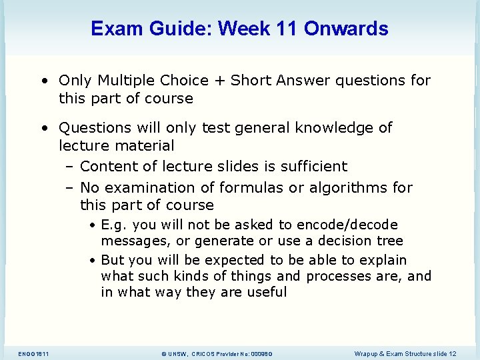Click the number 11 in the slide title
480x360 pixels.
(x=287, y=29)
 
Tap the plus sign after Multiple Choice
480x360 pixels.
(x=219, y=81)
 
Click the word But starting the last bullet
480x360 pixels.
(x=113, y=260)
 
